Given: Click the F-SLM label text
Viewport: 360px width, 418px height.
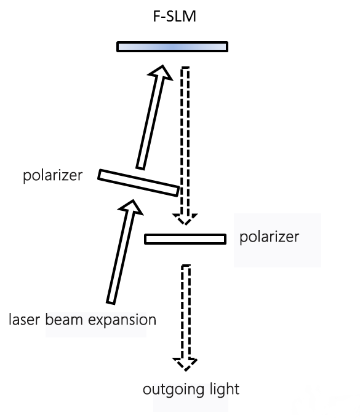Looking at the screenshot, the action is pyautogui.click(x=175, y=16).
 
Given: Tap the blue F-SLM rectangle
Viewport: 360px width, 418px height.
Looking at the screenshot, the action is pyautogui.click(x=172, y=47).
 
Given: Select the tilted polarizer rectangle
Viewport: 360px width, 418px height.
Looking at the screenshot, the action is pyautogui.click(x=138, y=183).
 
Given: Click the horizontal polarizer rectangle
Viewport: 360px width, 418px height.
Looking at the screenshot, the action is pyautogui.click(x=185, y=239).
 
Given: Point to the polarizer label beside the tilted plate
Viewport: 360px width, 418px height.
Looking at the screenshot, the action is pyautogui.click(x=53, y=176).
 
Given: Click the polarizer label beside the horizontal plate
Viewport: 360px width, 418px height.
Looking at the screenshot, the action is pyautogui.click(x=270, y=237).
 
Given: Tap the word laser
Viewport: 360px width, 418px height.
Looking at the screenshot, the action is pyautogui.click(x=25, y=320).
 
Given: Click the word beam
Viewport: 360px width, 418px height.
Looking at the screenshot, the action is pyautogui.click(x=64, y=320).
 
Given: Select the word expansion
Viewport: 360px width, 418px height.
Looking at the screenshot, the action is pyautogui.click(x=122, y=320).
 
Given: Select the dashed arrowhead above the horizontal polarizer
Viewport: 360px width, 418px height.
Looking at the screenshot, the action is pyautogui.click(x=185, y=219).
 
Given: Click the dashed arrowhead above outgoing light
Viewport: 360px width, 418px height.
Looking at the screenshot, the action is pyautogui.click(x=185, y=364).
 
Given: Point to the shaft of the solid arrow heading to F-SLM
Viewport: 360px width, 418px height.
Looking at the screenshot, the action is pyautogui.click(x=150, y=122).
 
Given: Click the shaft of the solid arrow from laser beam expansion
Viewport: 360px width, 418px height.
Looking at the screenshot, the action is pyautogui.click(x=120, y=257).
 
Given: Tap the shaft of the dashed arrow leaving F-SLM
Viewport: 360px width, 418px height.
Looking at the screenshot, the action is pyautogui.click(x=185, y=141).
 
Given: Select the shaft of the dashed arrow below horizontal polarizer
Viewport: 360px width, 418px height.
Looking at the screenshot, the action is pyautogui.click(x=185, y=312).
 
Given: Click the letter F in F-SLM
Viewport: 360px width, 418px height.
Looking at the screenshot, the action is pyautogui.click(x=156, y=16).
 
